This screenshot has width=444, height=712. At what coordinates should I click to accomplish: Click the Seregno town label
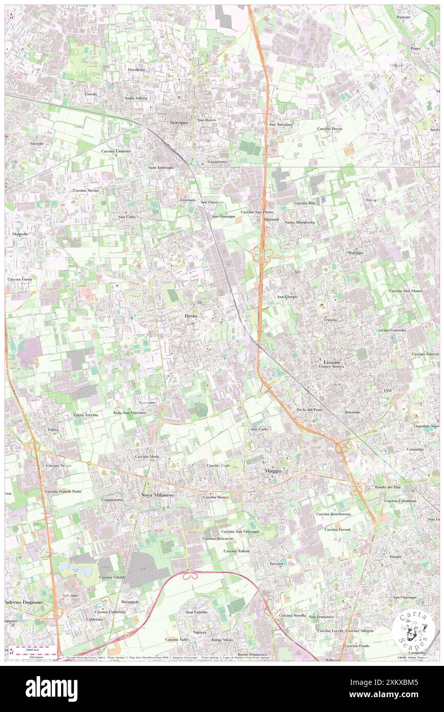(179, 123)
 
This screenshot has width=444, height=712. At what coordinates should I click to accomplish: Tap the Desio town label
(190, 316)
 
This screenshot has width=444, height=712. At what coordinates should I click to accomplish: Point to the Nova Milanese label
(157, 495)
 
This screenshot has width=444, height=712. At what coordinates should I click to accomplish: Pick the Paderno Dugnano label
(24, 602)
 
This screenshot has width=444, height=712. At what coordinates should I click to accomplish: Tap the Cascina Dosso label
(329, 129)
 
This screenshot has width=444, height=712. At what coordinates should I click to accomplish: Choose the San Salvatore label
(281, 124)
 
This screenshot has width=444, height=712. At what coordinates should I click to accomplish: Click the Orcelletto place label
(137, 70)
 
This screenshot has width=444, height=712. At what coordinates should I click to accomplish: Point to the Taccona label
(276, 563)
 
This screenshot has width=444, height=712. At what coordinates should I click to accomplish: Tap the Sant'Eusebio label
(196, 612)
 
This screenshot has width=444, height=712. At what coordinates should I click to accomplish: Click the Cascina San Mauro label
(406, 291)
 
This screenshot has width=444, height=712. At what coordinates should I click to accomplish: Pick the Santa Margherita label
(300, 222)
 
